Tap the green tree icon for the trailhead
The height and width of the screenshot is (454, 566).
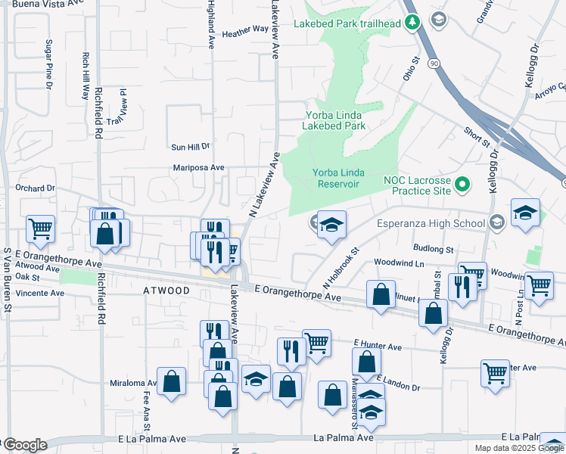click(x=412, y=23)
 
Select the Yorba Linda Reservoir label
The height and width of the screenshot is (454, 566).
click(x=335, y=179)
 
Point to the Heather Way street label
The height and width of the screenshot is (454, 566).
click(x=245, y=32)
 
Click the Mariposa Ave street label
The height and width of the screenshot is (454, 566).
click(x=199, y=167)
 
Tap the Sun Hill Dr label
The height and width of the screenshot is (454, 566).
click(x=191, y=147)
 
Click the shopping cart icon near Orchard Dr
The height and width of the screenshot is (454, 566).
click(x=41, y=227)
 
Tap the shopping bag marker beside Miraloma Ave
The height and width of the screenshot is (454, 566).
click(x=173, y=382)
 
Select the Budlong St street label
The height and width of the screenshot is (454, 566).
click(x=433, y=248)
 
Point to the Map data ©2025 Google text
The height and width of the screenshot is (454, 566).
click(x=518, y=448)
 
